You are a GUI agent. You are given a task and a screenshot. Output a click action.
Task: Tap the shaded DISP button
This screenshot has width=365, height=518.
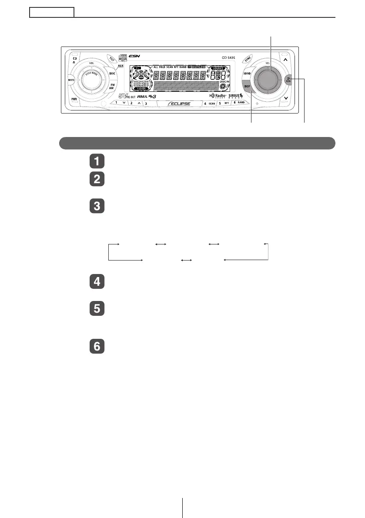pyautogui.click(x=248, y=86)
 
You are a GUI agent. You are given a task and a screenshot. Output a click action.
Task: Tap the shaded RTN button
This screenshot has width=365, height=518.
pyautogui.click(x=288, y=80)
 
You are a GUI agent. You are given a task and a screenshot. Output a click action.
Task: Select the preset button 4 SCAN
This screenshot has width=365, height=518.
pyautogui.click(x=210, y=104)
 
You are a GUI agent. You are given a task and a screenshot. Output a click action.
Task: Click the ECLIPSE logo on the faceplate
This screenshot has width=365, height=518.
pyautogui.click(x=178, y=104)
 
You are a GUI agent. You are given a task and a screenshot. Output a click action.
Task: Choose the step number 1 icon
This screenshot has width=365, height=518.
pyautogui.click(x=97, y=161)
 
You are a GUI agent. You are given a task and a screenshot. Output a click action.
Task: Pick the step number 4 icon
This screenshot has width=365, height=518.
pyautogui.click(x=97, y=282)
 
